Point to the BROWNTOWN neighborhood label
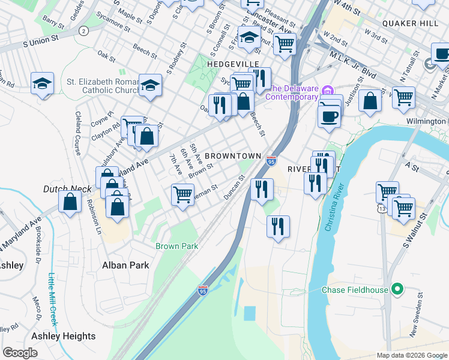tap(233, 155)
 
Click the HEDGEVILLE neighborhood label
tap(233, 64)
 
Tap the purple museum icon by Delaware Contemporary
tap(327, 91)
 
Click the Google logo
tap(21, 353)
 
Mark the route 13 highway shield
tap(382, 208)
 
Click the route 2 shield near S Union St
tap(83, 30)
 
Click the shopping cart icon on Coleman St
tap(182, 194)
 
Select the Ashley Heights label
tap(63, 336)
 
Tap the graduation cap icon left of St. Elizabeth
tap(43, 83)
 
